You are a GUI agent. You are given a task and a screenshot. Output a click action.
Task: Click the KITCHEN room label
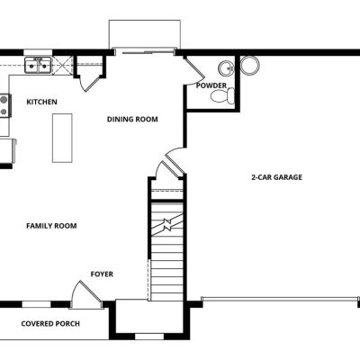41,102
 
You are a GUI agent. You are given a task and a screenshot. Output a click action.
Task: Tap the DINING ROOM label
132,120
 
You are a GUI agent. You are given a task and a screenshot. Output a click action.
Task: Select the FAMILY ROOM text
51,226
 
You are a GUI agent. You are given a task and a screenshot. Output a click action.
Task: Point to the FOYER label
102,274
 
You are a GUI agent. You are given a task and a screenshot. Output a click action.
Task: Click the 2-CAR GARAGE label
276,177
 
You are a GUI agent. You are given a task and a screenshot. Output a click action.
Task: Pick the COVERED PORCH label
50,324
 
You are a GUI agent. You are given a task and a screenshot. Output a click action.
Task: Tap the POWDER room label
211,85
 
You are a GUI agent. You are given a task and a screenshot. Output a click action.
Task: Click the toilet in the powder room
222,96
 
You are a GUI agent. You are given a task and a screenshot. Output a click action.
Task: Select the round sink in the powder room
226,68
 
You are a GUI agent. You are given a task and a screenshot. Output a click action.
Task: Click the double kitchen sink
38,65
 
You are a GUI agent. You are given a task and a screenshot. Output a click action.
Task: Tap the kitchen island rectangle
62,138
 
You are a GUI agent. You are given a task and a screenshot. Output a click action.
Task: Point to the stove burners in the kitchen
4,105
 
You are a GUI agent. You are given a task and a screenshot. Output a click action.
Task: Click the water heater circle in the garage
250,66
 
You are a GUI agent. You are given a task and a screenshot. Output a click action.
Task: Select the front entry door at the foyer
86,294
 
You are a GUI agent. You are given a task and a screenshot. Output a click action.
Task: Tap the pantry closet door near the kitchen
90,82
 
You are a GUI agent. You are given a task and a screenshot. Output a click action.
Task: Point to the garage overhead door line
280,298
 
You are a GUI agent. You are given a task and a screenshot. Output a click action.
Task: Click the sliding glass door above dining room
145,53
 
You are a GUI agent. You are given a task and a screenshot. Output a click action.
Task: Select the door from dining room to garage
175,160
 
